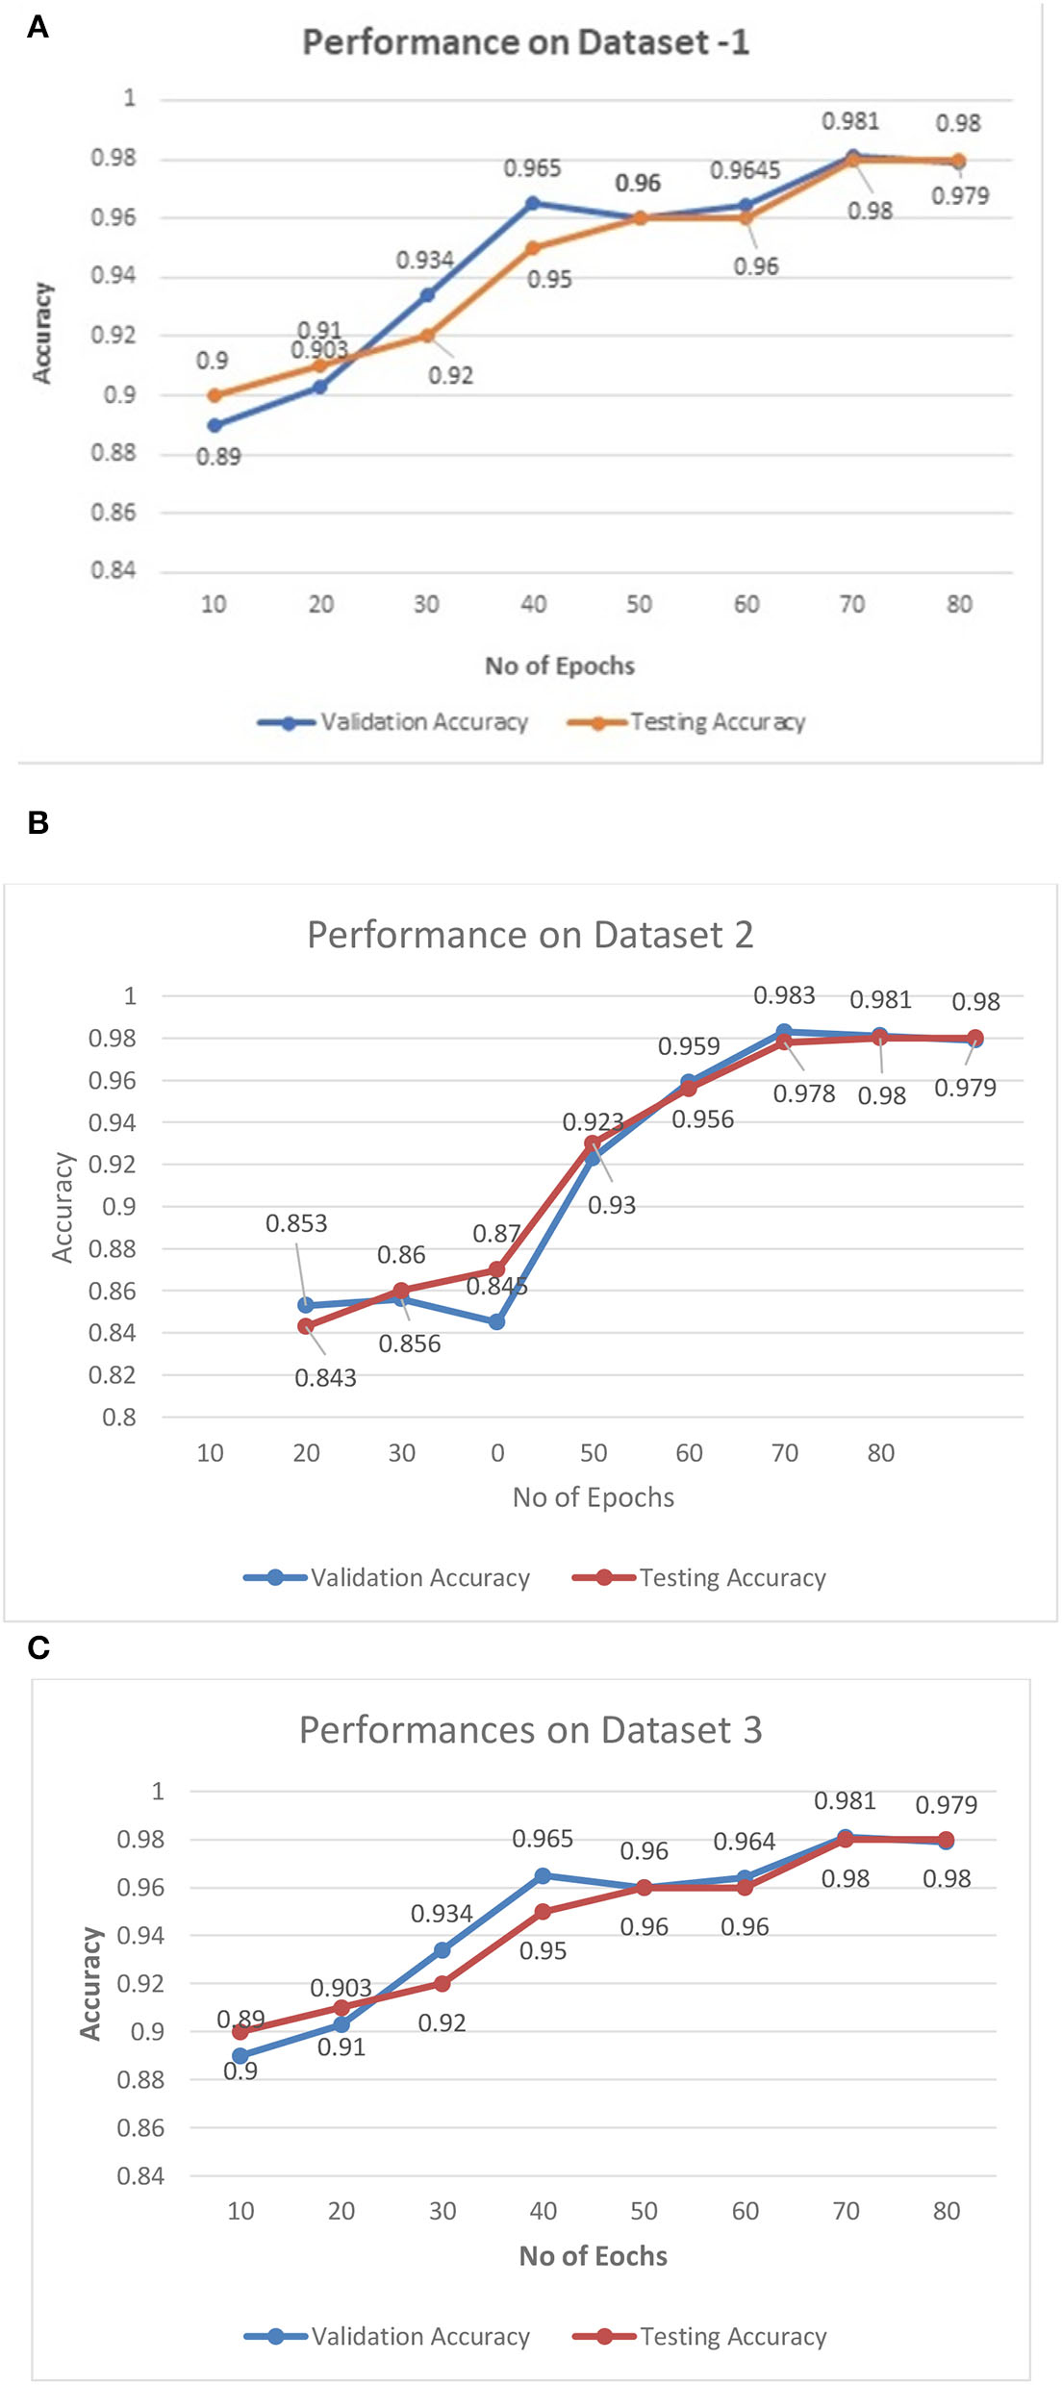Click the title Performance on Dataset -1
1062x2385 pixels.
pyautogui.click(x=525, y=42)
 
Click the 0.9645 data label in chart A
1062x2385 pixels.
pyautogui.click(x=745, y=170)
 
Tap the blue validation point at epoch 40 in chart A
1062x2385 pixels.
pyautogui.click(x=533, y=203)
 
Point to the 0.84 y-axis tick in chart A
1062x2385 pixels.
pyautogui.click(x=114, y=570)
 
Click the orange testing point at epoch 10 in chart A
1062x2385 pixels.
pyautogui.click(x=215, y=395)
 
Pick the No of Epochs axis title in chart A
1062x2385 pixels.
pyautogui.click(x=560, y=665)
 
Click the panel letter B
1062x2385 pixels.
pyautogui.click(x=38, y=823)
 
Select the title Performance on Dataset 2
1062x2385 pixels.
pyautogui.click(x=530, y=935)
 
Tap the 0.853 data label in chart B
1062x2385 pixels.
pyautogui.click(x=296, y=1223)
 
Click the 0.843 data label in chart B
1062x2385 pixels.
pyautogui.click(x=325, y=1378)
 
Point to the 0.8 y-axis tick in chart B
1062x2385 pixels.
pyautogui.click(x=119, y=1417)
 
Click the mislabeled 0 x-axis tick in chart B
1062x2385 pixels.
pyautogui.click(x=497, y=1453)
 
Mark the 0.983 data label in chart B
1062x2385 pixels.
pyautogui.click(x=784, y=995)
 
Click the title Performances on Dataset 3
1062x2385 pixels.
pyautogui.click(x=530, y=1730)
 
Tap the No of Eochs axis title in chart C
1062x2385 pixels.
pyautogui.click(x=593, y=2256)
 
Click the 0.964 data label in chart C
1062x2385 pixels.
pyautogui.click(x=744, y=1842)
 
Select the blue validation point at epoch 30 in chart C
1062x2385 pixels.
pyautogui.click(x=442, y=1950)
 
